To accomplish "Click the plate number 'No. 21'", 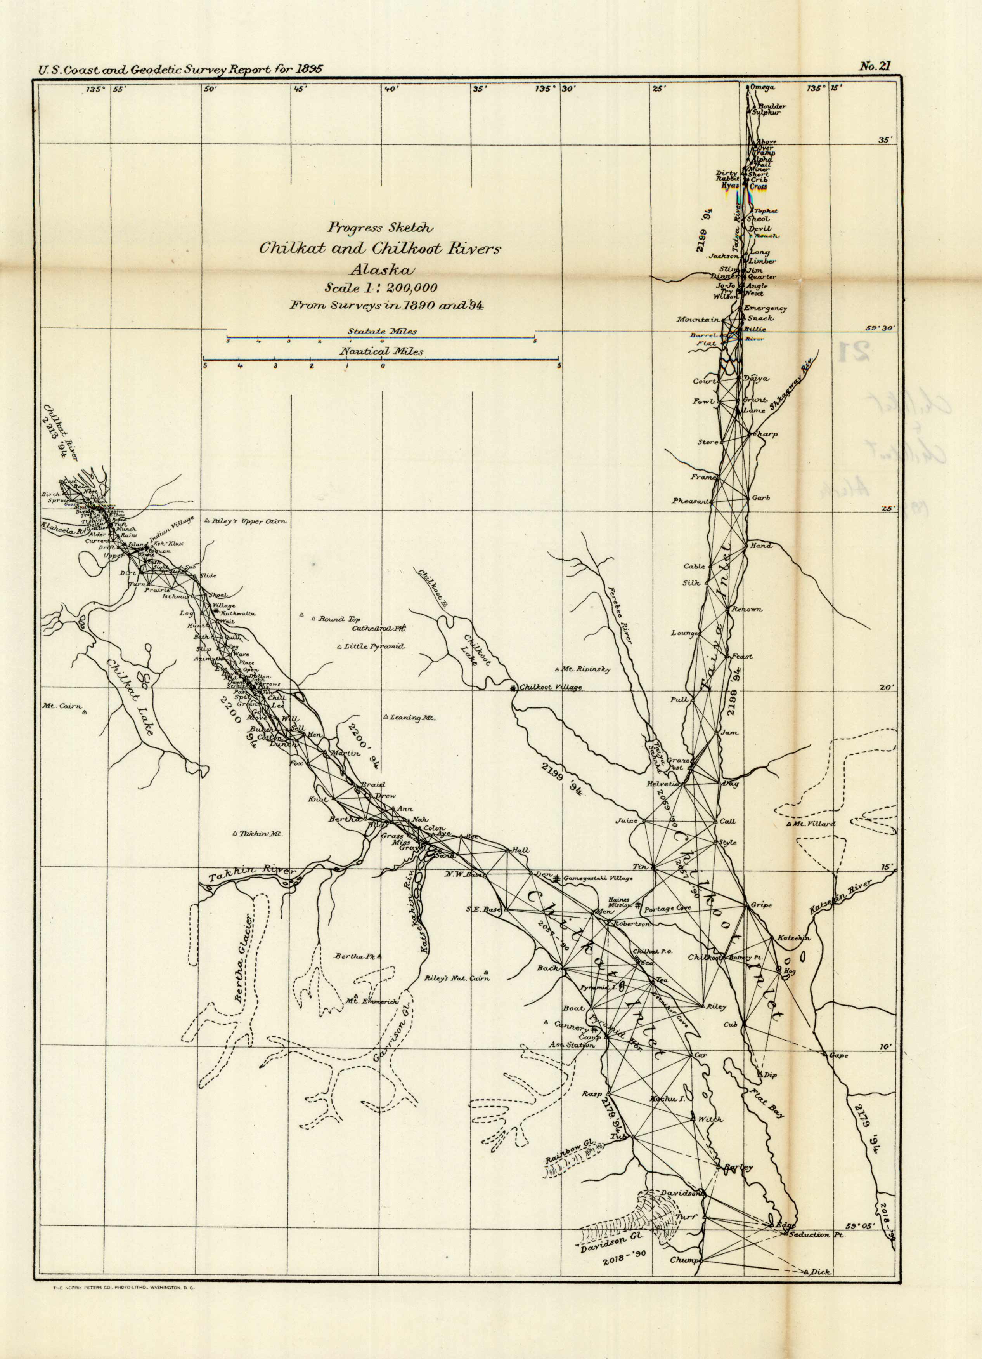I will [875, 66].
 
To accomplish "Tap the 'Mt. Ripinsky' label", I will [585, 669].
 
